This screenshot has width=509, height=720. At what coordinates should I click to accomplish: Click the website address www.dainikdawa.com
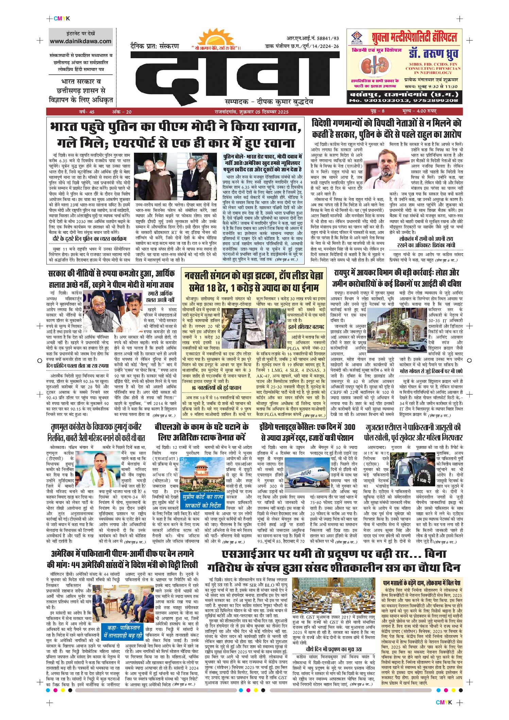[81, 41]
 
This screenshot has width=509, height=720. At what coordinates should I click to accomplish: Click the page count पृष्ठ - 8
[377, 112]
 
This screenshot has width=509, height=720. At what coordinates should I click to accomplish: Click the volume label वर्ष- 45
[87, 112]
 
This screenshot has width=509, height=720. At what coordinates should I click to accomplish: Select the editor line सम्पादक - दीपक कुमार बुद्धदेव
[269, 101]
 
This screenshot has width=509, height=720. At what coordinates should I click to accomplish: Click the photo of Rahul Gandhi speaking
[387, 169]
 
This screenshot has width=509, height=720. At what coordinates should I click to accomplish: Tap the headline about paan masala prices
[422, 583]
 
